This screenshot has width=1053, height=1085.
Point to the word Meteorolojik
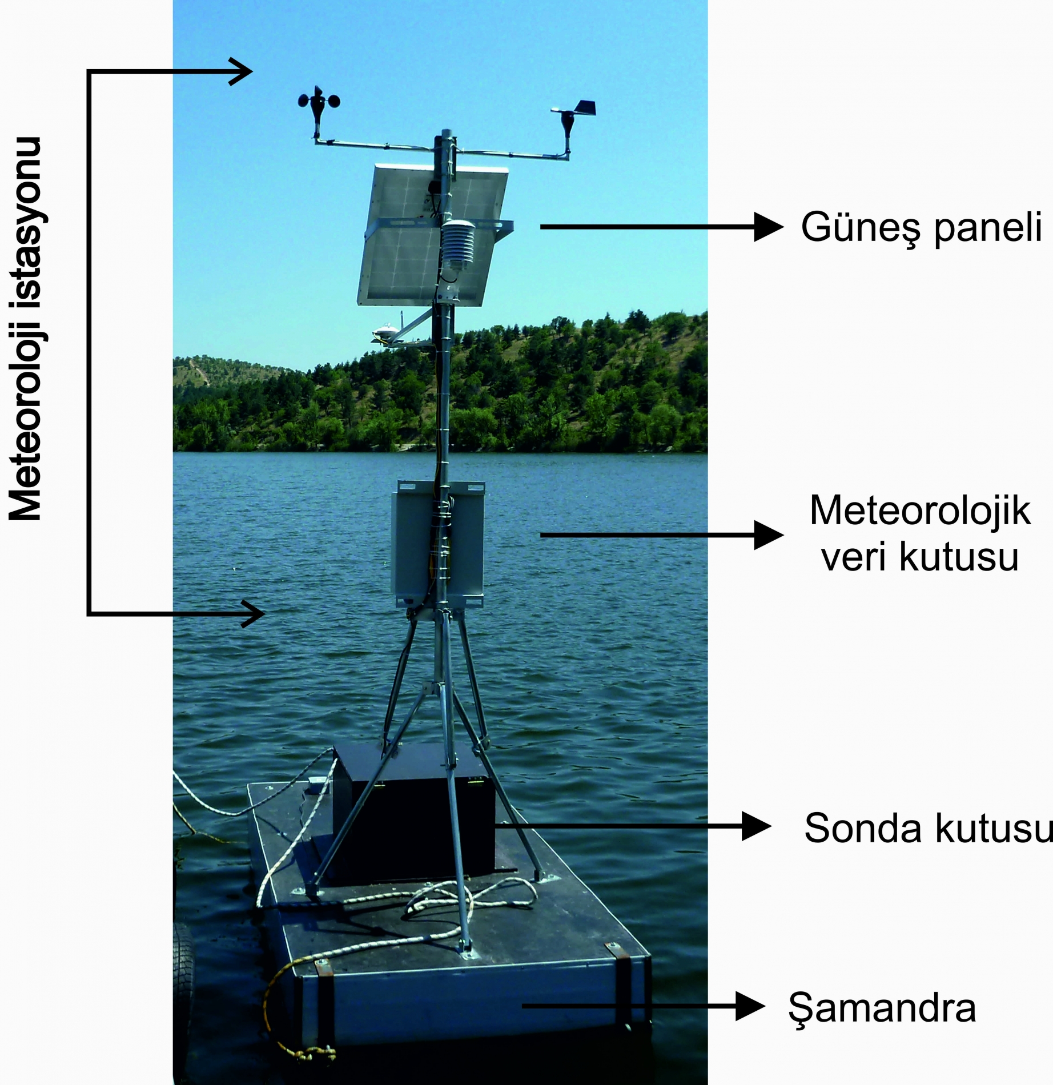tap(920, 510)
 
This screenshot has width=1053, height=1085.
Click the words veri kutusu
tap(920, 557)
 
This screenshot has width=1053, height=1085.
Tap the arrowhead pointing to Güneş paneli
tap(768, 227)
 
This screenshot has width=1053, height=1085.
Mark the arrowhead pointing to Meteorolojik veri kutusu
tap(768, 535)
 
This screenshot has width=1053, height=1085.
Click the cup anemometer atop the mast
tap(319, 103)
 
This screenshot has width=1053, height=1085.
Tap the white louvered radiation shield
tap(457, 246)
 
